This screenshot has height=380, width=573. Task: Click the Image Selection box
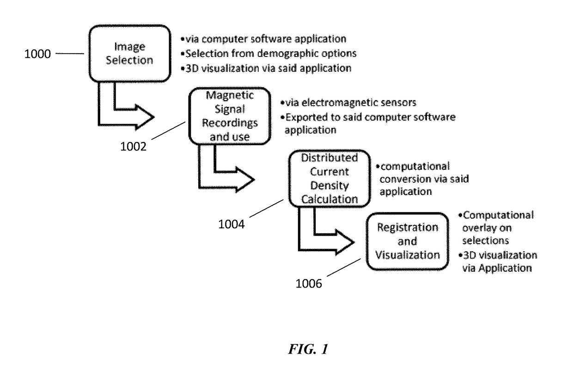point(129,53)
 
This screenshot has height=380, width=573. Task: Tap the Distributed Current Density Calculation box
point(329,178)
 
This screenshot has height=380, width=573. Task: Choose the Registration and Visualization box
point(407,241)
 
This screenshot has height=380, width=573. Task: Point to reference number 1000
point(39,54)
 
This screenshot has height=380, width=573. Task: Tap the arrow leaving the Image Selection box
point(125,116)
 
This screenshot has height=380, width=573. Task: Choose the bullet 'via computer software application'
point(264,39)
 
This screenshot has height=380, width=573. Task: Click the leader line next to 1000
point(69,54)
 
